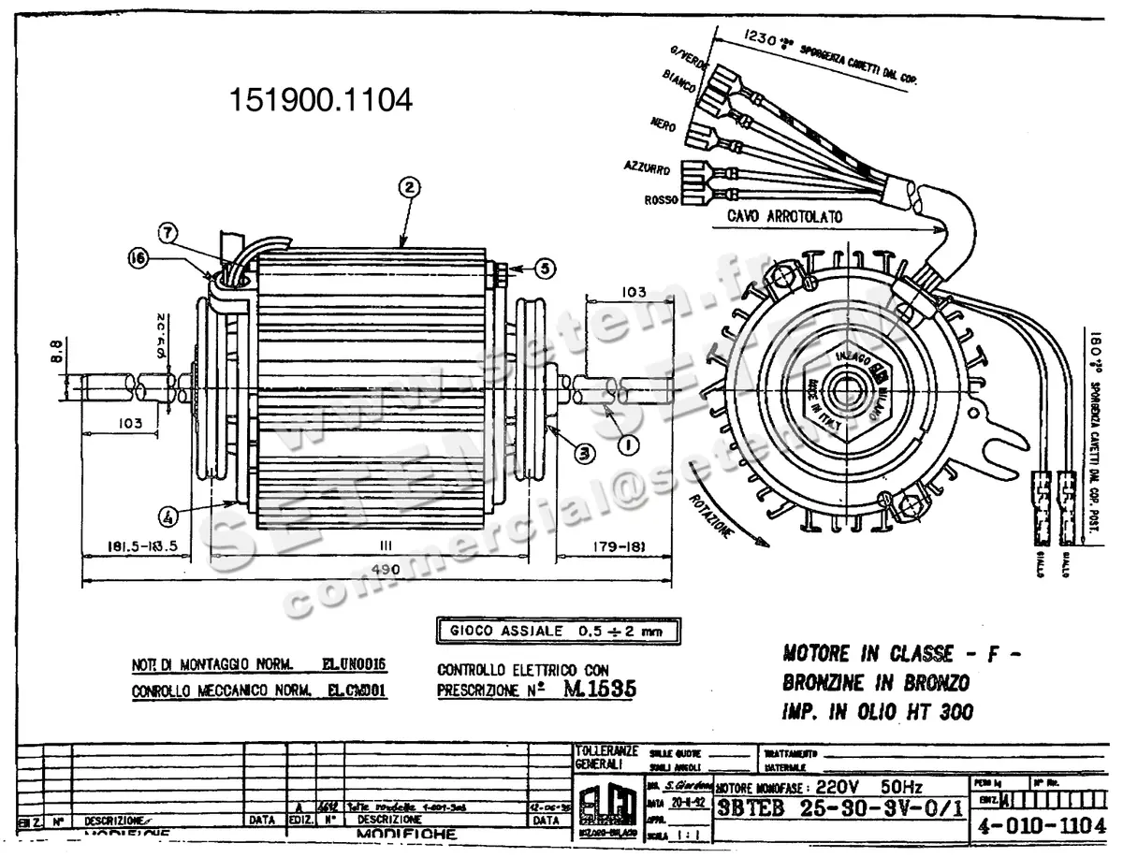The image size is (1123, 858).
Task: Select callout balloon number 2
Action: pos(407,186)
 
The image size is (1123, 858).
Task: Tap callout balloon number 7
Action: pos(168,230)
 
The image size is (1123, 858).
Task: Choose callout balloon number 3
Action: pos(584,454)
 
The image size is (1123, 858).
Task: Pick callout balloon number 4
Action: pos(168,514)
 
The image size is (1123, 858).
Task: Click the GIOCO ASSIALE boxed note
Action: pos(558,631)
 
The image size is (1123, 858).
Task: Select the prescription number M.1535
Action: pos(600,690)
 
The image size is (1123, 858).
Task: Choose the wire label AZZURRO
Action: pos(646,168)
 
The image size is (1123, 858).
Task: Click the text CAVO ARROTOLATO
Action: pos(785,216)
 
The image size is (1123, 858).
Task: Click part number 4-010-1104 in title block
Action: pos(1040,826)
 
